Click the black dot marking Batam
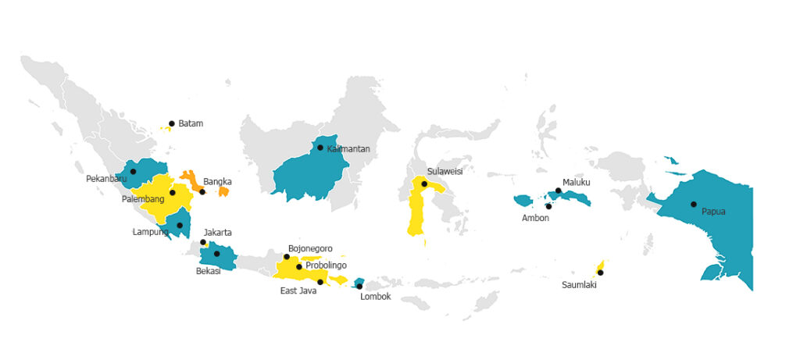tap(172, 123)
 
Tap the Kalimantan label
tap(348, 148)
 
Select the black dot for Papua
tap(694, 205)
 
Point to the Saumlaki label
tap(579, 284)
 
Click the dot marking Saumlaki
tap(600, 273)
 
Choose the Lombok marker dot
tap(359, 287)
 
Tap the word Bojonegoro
tap(310, 248)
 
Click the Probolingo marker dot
tap(299, 267)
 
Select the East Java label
tap(298, 291)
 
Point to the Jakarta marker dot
tap(204, 242)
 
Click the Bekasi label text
tap(209, 271)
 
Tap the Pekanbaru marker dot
tap(133, 172)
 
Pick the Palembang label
tap(142, 199)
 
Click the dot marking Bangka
tap(202, 192)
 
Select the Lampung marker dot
tap(180, 226)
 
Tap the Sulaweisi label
tap(445, 171)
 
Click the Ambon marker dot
tap(548, 206)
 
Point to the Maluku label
tap(577, 183)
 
